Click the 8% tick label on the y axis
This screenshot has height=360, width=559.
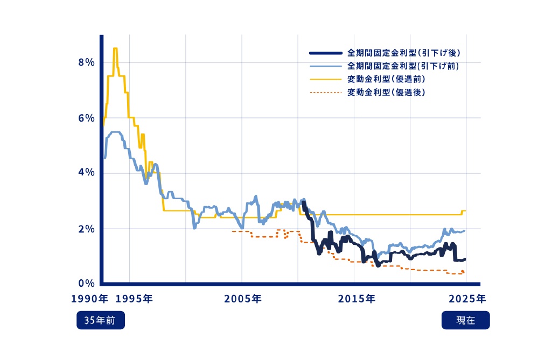[x=86, y=62]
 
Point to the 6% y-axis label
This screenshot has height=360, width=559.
[x=86, y=118]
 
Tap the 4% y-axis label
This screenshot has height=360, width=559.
[x=86, y=173]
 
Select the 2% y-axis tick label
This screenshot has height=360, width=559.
[x=86, y=228]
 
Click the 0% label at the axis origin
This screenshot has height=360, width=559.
[x=86, y=283]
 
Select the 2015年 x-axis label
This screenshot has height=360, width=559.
[x=357, y=299]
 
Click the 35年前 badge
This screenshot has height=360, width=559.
[x=100, y=320]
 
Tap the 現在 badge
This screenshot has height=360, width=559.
[x=465, y=320]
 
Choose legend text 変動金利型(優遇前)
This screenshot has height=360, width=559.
[x=387, y=79]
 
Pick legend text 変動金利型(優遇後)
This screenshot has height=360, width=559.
[x=387, y=93]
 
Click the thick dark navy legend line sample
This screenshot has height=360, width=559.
[x=325, y=53]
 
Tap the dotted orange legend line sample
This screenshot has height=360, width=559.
[x=325, y=93]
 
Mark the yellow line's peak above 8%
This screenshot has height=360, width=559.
[x=115, y=48]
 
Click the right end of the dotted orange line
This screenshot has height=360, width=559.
[x=465, y=272]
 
